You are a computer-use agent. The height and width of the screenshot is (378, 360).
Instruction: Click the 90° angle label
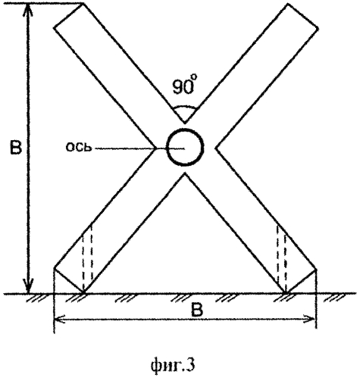(183, 86)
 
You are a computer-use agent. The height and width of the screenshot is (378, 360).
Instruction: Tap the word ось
(79, 147)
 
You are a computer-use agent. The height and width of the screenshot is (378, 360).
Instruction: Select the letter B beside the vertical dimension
(15, 147)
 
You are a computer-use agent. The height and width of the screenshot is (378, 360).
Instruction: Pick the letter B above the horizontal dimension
(197, 310)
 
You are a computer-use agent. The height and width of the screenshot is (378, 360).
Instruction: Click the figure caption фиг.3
(173, 365)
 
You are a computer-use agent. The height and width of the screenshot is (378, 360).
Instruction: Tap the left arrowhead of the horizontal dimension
(61, 319)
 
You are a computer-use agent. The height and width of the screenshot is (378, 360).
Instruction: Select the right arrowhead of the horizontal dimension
(309, 319)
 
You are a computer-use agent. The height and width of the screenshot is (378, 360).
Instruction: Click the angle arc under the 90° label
(185, 107)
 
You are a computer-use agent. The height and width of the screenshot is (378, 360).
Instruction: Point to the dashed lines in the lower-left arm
(87, 255)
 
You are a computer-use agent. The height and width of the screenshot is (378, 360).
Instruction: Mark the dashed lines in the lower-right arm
(281, 255)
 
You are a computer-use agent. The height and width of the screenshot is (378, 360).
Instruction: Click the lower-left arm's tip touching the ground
(83, 293)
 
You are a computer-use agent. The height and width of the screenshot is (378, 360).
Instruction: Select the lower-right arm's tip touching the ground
(286, 293)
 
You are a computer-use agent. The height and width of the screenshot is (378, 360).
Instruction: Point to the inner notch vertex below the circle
(185, 173)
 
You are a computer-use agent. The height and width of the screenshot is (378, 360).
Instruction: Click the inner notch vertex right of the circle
(216, 148)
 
